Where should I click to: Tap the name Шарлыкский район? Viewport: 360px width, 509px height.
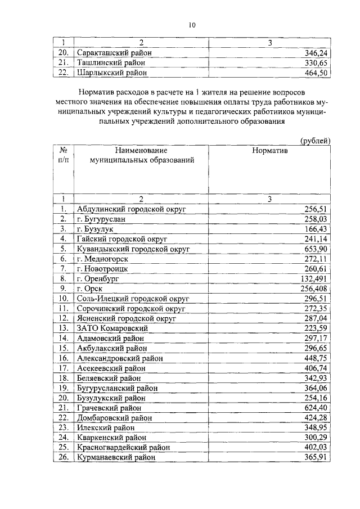point(111,72)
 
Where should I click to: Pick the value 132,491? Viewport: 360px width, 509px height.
point(313,278)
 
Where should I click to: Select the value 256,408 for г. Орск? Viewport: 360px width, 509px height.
point(313,288)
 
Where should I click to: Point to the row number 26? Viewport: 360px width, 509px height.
point(64,457)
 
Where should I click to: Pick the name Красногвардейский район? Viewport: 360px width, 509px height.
point(123,447)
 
